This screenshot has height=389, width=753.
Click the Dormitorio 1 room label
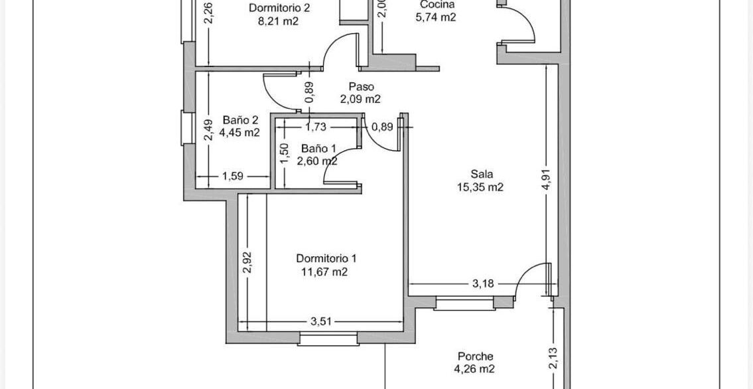[326, 258]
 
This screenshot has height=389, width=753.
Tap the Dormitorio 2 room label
[279, 8]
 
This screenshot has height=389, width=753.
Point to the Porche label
[475, 356]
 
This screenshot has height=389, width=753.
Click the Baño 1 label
[316, 148]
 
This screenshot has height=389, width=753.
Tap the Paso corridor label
[361, 87]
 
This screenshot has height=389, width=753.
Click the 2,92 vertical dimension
[248, 262]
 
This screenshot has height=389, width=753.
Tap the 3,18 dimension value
[483, 283]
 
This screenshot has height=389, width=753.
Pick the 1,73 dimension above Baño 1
[316, 127]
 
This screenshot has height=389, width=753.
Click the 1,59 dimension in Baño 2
[232, 177]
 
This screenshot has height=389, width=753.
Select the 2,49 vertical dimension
[208, 130]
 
